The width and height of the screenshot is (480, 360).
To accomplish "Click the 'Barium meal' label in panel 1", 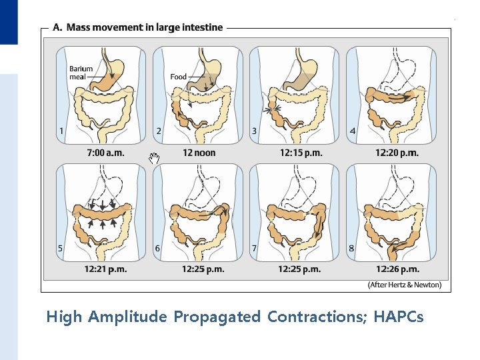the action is [81, 72].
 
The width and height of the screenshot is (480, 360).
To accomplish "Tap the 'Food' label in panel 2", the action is [178, 77].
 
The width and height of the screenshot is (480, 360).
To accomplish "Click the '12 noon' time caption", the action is [199, 153].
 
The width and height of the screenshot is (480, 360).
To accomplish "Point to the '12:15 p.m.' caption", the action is [301, 153].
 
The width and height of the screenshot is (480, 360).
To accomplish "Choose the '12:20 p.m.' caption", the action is [397, 153].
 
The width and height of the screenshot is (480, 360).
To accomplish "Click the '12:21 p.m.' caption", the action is [105, 269].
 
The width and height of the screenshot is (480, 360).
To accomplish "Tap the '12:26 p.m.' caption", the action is [397, 269].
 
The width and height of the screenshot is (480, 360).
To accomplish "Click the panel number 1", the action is [61, 131].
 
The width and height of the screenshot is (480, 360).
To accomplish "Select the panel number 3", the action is [254, 131].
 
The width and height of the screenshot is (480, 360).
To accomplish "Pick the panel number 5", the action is [61, 249].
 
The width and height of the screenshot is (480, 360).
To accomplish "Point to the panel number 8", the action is [351, 249].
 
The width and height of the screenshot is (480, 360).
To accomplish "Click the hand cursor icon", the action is [154, 158].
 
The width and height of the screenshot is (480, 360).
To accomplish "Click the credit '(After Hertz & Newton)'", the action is [404, 285].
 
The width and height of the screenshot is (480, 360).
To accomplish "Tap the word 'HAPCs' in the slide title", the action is [399, 317].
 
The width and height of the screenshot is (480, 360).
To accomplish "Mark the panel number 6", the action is [157, 249].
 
